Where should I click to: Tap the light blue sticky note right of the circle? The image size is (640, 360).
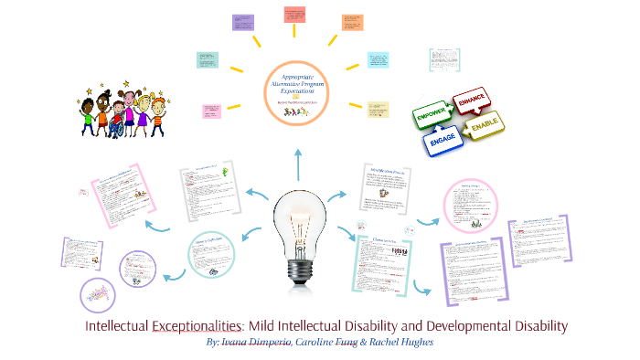coord(378,60)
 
